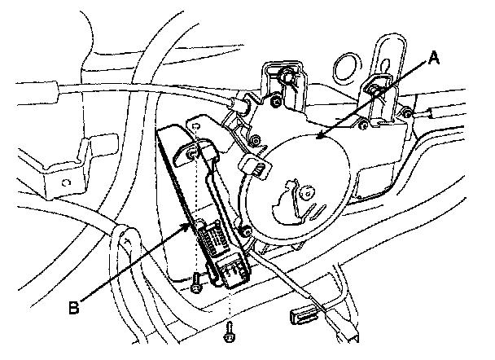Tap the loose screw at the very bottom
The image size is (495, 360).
click(230, 331)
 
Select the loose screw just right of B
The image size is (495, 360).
click(196, 284)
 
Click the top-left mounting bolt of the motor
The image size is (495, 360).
click(285, 79)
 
